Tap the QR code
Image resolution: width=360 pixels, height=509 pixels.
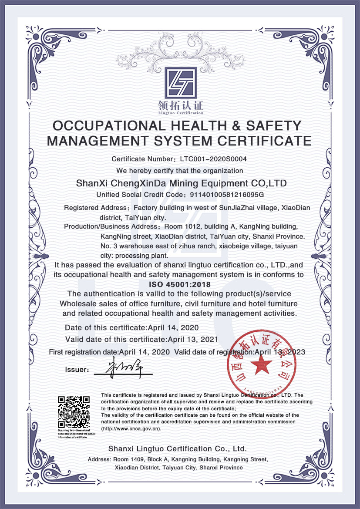tap(74, 411)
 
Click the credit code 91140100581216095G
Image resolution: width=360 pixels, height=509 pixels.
tap(225, 194)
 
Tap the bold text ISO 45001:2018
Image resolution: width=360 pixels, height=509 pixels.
tap(180, 284)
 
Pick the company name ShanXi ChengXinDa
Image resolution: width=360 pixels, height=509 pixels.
tap(129, 183)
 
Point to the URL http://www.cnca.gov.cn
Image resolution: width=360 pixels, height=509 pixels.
tap(131, 428)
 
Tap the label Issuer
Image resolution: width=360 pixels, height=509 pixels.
tap(77, 370)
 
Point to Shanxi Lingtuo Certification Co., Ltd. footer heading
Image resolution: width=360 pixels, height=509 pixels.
tap(178, 448)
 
